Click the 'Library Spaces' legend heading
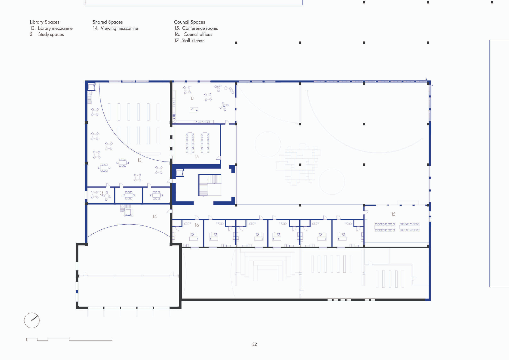44,22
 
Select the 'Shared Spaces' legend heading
107,22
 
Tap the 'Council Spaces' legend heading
189,22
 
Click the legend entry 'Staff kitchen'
193,41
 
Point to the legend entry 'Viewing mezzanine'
119,29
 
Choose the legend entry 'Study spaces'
51,35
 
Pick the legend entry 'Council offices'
198,34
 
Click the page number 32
254,344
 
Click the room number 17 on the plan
192,98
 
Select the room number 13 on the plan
140,160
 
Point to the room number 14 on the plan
155,216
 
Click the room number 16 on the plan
197,225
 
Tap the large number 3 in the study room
102,193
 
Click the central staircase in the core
210,185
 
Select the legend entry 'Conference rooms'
200,28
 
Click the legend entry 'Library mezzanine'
55,29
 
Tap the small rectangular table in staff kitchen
194,110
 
